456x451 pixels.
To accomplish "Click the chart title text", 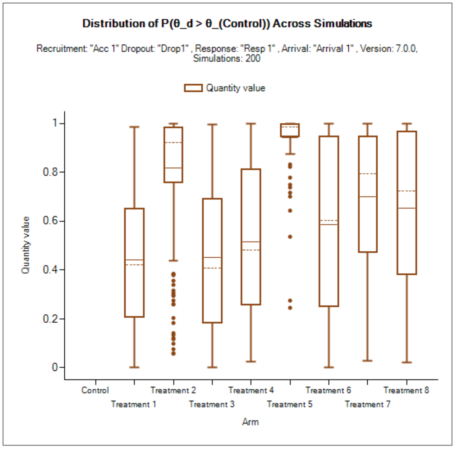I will click(x=227, y=24).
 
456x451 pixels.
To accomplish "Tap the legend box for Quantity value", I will click(x=193, y=88).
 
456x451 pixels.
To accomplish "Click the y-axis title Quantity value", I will click(x=26, y=245).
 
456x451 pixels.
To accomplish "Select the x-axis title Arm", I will click(x=250, y=422).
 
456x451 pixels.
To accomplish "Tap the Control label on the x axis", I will click(x=95, y=390).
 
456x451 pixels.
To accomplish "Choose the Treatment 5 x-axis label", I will click(x=290, y=404).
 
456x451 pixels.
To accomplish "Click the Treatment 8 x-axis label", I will click(x=406, y=390).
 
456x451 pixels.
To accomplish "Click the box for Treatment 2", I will click(x=173, y=154).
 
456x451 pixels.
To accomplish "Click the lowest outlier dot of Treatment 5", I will click(x=290, y=308).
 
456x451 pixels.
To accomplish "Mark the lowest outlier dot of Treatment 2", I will click(x=173, y=354).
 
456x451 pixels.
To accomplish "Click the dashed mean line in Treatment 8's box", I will click(x=407, y=191).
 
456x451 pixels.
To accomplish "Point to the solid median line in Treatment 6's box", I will click(x=329, y=225).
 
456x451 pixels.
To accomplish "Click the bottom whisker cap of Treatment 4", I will click(x=251, y=361).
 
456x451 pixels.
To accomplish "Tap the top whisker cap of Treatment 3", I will click(x=212, y=124).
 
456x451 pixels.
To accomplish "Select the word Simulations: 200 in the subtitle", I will click(x=227, y=58).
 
